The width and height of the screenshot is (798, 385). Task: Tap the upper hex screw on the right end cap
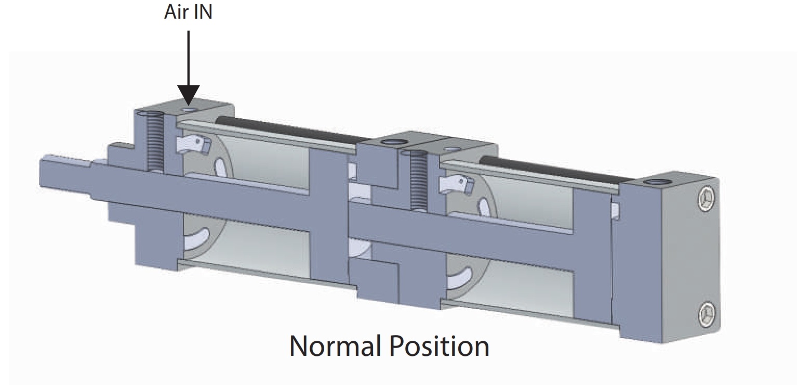pyautogui.click(x=704, y=198)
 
